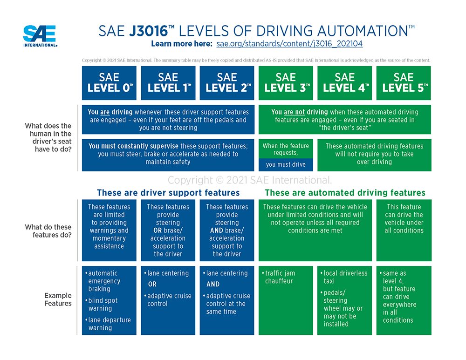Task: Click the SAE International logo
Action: pos(40,36)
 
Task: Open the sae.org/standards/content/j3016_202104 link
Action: pos(289,44)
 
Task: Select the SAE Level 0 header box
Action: pos(109,83)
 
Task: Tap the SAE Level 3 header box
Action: pos(286,83)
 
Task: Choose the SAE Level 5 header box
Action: pos(404,83)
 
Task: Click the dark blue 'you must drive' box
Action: pos(286,164)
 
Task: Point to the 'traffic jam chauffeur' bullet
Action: pos(280,277)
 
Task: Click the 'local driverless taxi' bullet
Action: pos(345,277)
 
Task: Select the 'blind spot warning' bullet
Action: pos(103,304)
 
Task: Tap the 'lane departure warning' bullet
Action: pos(109,324)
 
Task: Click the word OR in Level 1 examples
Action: pos(152,284)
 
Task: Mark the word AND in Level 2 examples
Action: pos(213,284)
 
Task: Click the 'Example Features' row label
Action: pos(58,299)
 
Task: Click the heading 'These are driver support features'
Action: pos(168,193)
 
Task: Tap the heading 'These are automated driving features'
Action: pos(345,193)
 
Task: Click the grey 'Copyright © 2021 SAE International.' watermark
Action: pos(250,180)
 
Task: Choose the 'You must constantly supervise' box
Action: pos(168,154)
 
